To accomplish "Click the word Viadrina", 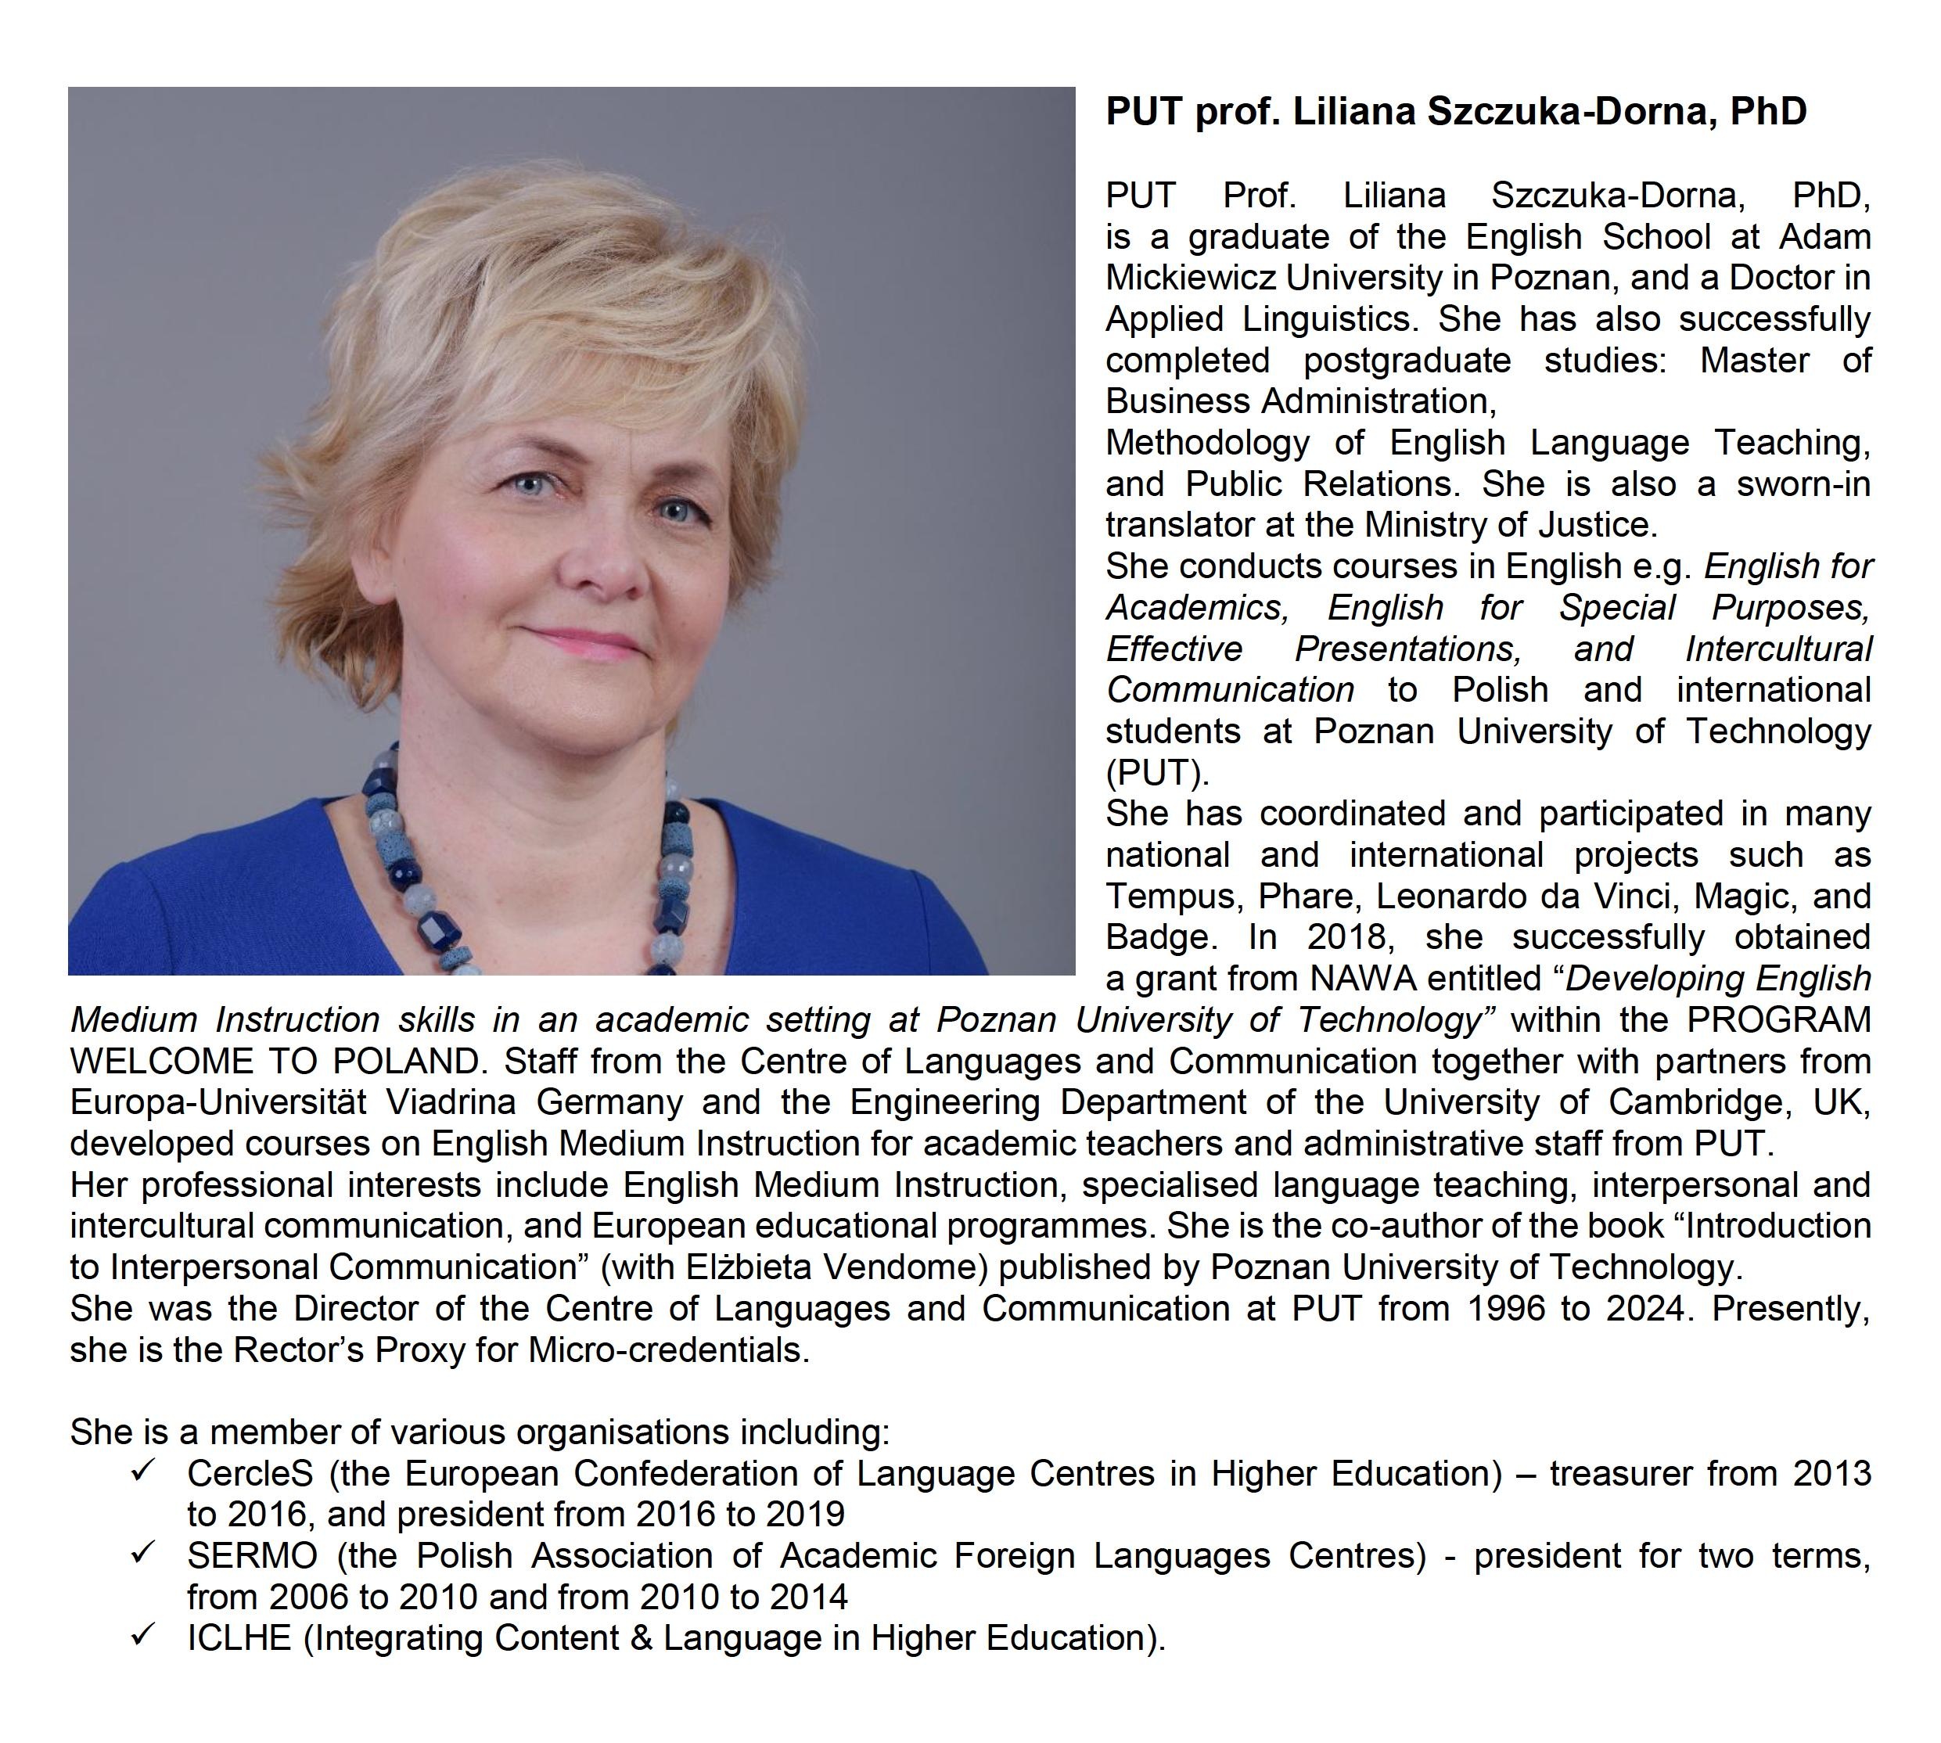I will click(450, 1102).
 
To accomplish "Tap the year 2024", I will click(1645, 1308).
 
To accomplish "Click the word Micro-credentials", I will click(668, 1349).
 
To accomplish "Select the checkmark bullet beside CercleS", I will click(144, 1470).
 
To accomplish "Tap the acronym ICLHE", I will click(239, 1637).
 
